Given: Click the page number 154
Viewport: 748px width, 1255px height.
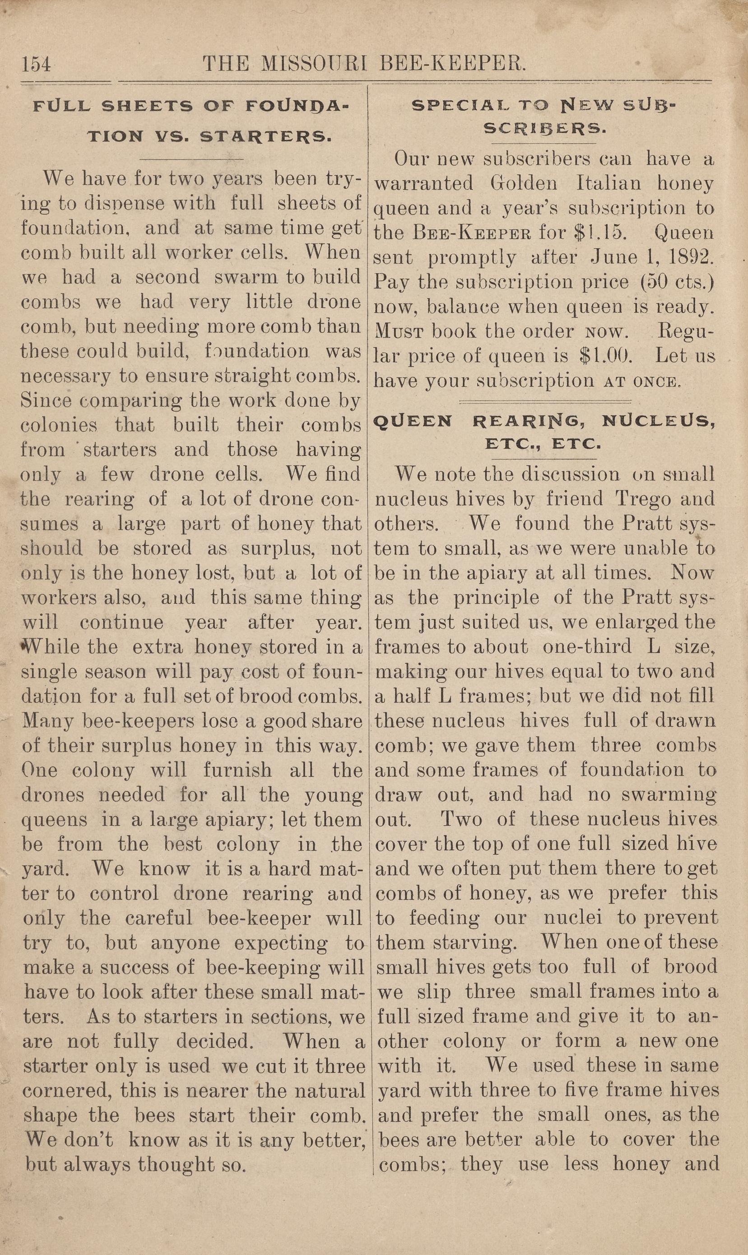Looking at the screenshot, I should coord(36,65).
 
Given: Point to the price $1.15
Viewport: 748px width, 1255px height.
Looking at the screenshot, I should coord(600,233).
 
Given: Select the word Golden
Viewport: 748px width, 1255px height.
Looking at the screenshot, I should coord(524,183).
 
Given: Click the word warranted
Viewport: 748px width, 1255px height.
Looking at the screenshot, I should coord(423,183).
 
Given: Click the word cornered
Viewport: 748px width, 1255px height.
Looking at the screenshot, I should coord(65,1091).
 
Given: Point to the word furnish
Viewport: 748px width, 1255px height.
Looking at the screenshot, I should coord(237,770).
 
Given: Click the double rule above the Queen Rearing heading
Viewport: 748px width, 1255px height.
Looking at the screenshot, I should coord(545,402).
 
